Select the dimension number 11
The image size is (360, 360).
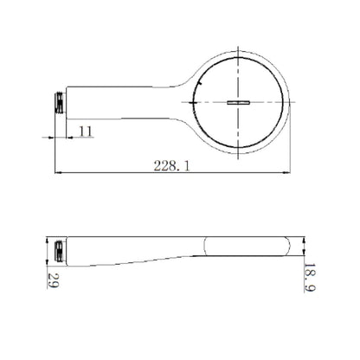[x=87, y=131]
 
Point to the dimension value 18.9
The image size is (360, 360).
[x=308, y=280]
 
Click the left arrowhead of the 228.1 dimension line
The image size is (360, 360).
[x=58, y=172]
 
